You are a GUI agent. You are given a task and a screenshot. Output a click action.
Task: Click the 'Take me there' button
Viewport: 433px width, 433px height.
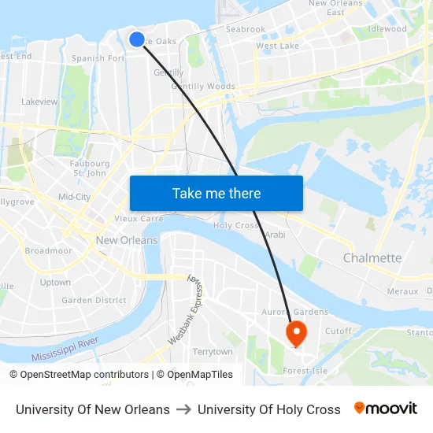pyautogui.click(x=216, y=194)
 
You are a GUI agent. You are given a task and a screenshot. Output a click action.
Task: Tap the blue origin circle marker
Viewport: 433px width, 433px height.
pyautogui.click(x=136, y=39)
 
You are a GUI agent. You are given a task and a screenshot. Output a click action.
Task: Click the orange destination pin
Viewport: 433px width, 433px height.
pyautogui.click(x=297, y=332)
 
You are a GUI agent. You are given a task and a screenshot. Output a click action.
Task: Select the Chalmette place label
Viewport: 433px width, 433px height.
pyautogui.click(x=372, y=258)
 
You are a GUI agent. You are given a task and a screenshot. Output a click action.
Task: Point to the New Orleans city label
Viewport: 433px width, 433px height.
pyautogui.click(x=127, y=240)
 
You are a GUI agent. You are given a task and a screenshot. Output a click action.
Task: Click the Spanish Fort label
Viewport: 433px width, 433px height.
pyautogui.click(x=98, y=58)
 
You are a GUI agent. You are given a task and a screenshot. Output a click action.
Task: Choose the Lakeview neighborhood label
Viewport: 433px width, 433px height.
pyautogui.click(x=40, y=102)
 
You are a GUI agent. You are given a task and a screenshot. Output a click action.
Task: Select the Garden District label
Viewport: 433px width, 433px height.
pyautogui.click(x=94, y=300)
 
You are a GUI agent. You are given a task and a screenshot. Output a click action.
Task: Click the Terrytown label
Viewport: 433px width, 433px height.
pyautogui.click(x=213, y=352)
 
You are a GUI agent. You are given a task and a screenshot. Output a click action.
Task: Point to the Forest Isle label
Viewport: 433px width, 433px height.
pyautogui.click(x=305, y=371)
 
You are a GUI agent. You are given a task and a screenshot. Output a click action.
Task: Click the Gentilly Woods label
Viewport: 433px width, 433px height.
pyautogui.click(x=203, y=87)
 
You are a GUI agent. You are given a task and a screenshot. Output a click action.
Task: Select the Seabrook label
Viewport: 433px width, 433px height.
pyautogui.click(x=246, y=29)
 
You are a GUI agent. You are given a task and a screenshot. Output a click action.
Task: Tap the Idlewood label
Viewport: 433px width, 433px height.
pyautogui.click(x=387, y=29)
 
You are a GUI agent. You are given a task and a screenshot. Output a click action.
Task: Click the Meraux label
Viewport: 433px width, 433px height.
pyautogui.click(x=403, y=291)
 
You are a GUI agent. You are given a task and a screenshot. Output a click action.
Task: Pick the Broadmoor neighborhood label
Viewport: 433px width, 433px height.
pyautogui.click(x=49, y=251)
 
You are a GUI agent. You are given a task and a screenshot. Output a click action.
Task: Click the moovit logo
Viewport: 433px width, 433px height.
pyautogui.click(x=385, y=409)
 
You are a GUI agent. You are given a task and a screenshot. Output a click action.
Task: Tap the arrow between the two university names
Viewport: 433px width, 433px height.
pyautogui.click(x=183, y=409)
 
